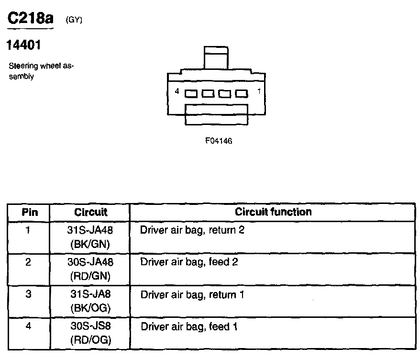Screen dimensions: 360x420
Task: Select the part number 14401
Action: (x=23, y=46)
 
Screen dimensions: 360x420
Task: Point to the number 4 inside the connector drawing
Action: (x=177, y=91)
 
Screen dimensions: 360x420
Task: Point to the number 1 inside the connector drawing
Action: (x=258, y=91)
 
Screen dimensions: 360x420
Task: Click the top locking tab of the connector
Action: (x=215, y=57)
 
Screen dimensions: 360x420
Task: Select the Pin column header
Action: (x=29, y=212)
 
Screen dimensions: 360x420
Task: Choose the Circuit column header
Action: (x=91, y=212)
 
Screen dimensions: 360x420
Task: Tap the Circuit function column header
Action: (x=273, y=212)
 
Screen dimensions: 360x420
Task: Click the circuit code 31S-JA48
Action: (x=90, y=230)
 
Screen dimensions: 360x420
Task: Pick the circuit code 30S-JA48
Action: (x=90, y=262)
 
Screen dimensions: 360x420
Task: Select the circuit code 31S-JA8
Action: (x=90, y=295)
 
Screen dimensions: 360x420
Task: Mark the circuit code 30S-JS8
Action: (x=90, y=327)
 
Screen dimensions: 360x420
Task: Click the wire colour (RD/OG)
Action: (x=90, y=340)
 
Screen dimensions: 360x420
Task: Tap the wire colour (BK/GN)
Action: (x=90, y=244)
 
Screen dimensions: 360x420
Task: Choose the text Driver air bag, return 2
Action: (x=192, y=230)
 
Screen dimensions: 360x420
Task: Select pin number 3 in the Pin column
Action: (x=29, y=295)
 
